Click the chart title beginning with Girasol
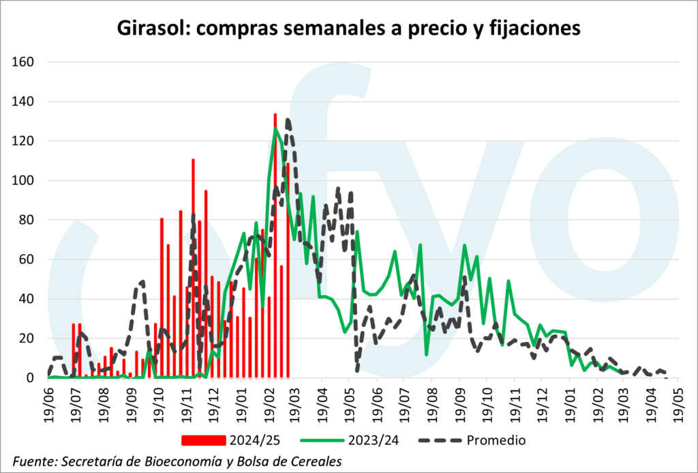pyautogui.click(x=348, y=28)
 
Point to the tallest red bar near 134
pyautogui.click(x=275, y=115)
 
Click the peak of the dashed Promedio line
pyautogui.click(x=288, y=120)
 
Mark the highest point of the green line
pyautogui.click(x=276, y=128)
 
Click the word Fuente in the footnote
pyautogui.click(x=34, y=461)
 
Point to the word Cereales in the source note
pyautogui.click(x=317, y=461)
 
